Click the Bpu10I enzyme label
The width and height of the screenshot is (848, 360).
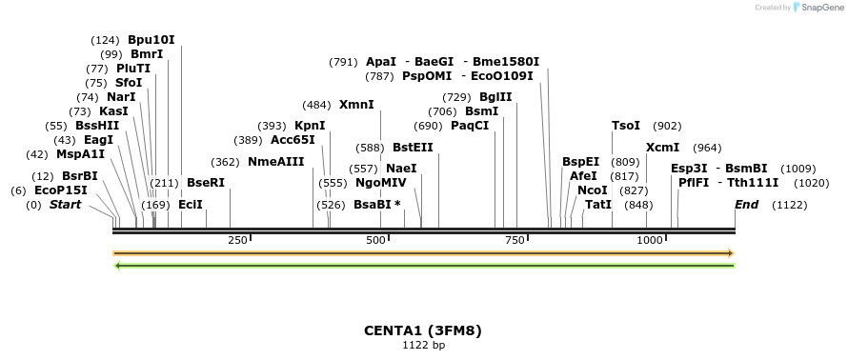tap(151, 40)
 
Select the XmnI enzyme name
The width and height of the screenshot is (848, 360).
tap(356, 105)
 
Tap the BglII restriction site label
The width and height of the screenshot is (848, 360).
tap(495, 97)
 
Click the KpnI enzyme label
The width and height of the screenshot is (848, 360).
tap(310, 126)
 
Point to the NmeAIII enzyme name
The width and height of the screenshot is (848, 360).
tap(276, 162)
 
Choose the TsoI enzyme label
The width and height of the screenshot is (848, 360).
tap(626, 126)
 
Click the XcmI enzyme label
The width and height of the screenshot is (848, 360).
tap(662, 148)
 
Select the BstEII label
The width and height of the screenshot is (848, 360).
tap(413, 148)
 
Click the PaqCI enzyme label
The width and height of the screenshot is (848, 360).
tap(470, 126)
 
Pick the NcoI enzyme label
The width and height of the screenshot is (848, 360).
tap(592, 190)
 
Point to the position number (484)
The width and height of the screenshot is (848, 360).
tap(316, 105)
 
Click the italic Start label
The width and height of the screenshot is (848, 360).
tap(66, 205)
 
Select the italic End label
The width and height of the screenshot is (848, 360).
tap(747, 205)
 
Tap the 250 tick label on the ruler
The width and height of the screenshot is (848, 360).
tap(237, 241)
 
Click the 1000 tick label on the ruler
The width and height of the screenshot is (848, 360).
tap(650, 241)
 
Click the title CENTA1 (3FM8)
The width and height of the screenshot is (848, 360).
tap(423, 330)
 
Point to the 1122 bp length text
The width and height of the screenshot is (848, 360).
tap(423, 345)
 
